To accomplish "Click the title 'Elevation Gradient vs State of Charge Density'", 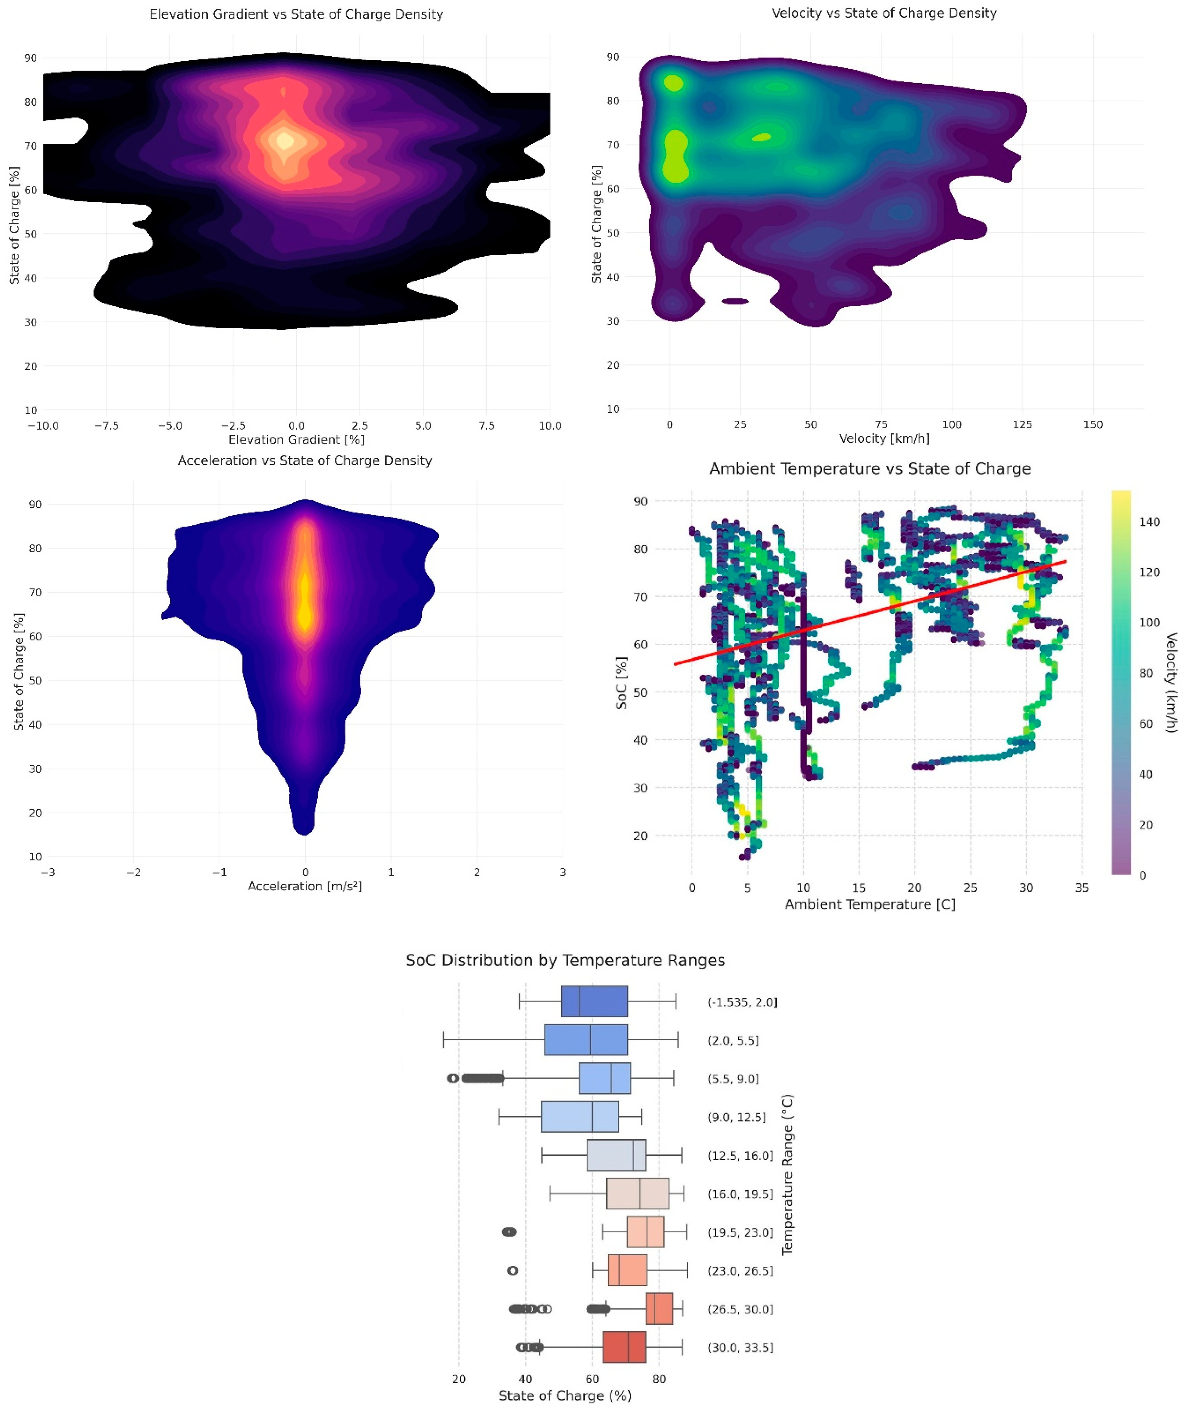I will click(296, 14).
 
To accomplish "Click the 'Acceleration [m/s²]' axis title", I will click(305, 886).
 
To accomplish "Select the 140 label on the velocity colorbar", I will click(1149, 521).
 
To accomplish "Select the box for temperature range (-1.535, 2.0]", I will click(594, 1002).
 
